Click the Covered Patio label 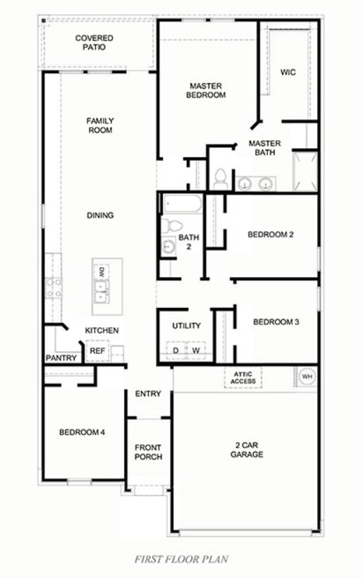[x=94, y=42]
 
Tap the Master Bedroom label [x=207, y=90]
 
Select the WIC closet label [x=288, y=72]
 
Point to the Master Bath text [x=264, y=147]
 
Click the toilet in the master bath [x=220, y=178]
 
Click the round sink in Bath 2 [x=168, y=247]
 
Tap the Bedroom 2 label [x=270, y=235]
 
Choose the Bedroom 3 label [x=276, y=322]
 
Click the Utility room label [x=187, y=326]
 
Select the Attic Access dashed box [x=243, y=377]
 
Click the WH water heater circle [x=307, y=376]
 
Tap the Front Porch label [x=148, y=452]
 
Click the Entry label [x=148, y=394]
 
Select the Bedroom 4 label [x=82, y=432]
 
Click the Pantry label [x=61, y=358]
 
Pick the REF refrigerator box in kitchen [x=96, y=350]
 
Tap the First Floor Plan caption [x=181, y=559]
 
